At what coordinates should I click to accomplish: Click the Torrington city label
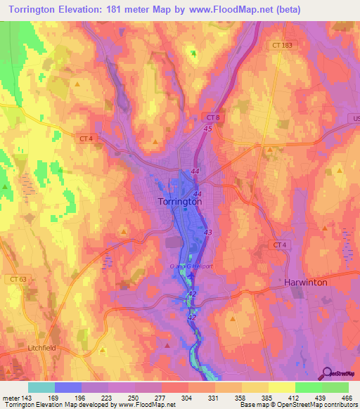tap(176, 201)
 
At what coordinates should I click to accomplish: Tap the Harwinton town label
tap(308, 282)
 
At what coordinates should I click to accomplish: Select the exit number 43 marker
tap(207, 231)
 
